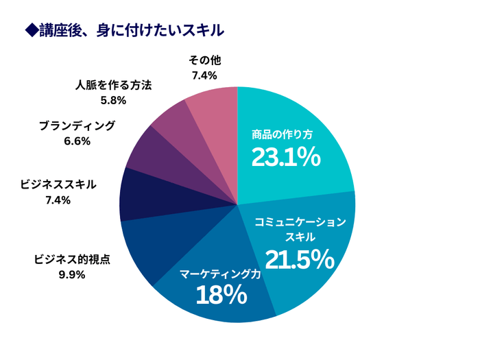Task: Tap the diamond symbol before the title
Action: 29,31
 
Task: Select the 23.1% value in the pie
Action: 285,158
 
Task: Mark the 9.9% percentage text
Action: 72,275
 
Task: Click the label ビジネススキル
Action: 59,185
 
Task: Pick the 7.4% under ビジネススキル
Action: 59,200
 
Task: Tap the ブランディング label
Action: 77,125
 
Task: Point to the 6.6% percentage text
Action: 77,141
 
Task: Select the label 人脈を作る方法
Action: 113,85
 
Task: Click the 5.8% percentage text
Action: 113,101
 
